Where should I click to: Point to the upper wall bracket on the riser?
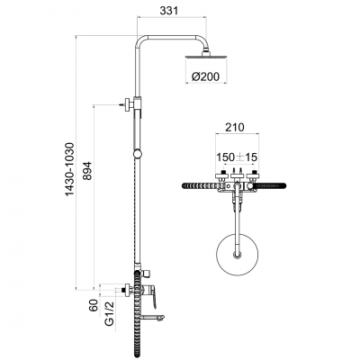point(131,107)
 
